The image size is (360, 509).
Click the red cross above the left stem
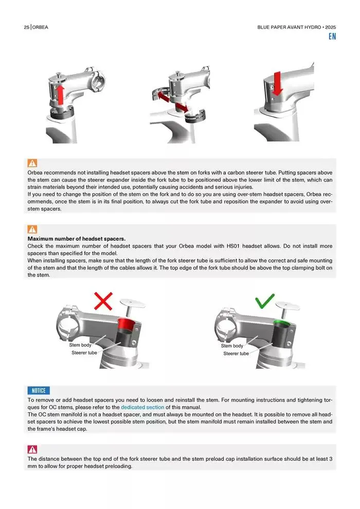[103, 301]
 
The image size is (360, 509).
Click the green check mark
[264, 301]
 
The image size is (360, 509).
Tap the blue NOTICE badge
[39, 391]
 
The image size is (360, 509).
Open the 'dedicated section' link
[142, 407]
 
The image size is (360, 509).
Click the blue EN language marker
[332, 37]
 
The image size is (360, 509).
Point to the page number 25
[26, 27]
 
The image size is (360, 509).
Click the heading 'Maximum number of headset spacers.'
[76, 239]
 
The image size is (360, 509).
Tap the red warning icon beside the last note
[32, 449]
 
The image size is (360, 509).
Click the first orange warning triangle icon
[32, 163]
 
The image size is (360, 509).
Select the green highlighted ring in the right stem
[283, 322]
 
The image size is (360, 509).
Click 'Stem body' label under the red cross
[80, 345]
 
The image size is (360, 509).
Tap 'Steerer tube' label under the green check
[236, 354]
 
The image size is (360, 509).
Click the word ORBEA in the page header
[40, 27]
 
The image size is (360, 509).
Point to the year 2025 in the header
[331, 27]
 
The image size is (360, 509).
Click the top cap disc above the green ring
[287, 305]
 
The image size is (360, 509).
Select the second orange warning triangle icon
[32, 229]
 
